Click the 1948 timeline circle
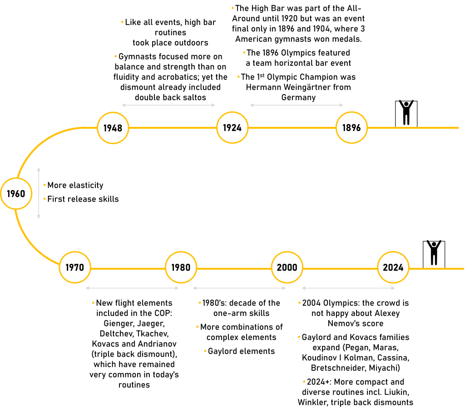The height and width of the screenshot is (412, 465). pos(113,128)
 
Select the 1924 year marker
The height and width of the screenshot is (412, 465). pos(232,128)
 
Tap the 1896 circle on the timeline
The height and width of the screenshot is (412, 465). pos(351,128)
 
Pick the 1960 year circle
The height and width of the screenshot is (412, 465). pos(16,194)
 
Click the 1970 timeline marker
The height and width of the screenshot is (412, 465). pos(74,267)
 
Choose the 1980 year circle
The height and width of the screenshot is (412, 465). pos(181,267)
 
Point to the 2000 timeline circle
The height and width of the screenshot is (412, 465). pos(287,267)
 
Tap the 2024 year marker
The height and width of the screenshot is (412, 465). pos(393,267)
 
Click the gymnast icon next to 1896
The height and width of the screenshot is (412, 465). pos(406,112)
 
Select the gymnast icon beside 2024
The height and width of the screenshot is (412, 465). pos(433,252)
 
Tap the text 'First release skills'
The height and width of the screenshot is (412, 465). pos(83,199)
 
